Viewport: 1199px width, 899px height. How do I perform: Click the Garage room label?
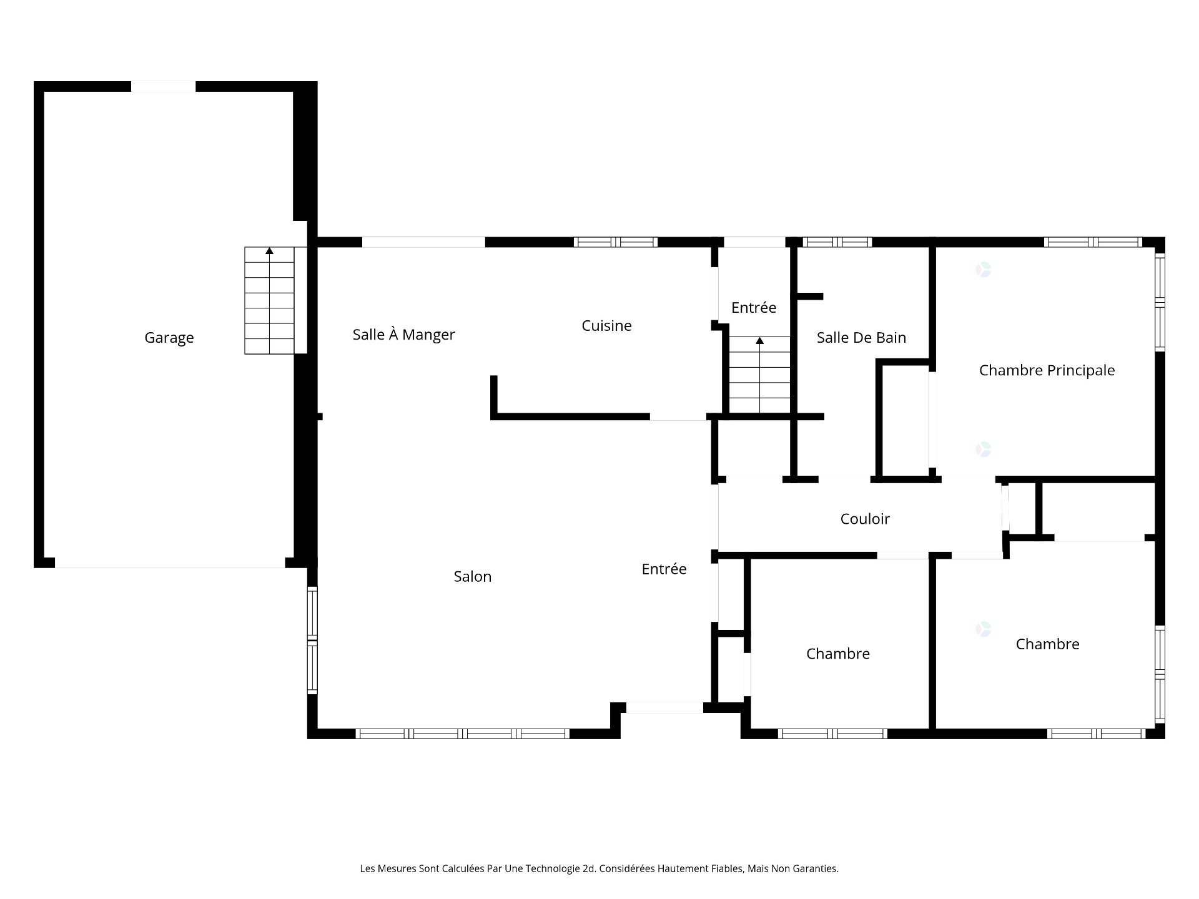coord(169,338)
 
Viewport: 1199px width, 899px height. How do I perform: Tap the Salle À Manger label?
coord(403,335)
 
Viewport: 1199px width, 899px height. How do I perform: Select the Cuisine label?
coord(606,326)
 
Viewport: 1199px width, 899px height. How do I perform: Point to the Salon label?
coord(472,577)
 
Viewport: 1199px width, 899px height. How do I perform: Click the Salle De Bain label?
coord(861,338)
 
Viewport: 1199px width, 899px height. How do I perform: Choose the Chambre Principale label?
coord(1047,370)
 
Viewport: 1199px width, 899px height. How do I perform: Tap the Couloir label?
coord(865,519)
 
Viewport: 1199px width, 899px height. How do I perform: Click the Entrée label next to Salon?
coord(664,569)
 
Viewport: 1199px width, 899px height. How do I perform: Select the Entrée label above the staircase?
coord(754,308)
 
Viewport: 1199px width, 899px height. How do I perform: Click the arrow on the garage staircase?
coord(269,251)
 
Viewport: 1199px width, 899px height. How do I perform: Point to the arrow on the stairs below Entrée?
coord(759,341)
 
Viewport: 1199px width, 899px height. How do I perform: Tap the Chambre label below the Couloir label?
coord(837,654)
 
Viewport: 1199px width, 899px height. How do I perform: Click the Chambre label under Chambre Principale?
coord(1047,644)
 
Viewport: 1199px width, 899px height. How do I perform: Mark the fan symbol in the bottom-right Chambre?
coord(983,629)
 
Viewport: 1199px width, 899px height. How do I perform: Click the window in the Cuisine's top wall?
coord(616,242)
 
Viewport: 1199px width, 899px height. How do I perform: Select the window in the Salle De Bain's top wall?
coord(837,242)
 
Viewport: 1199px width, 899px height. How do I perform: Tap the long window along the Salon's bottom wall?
coord(462,734)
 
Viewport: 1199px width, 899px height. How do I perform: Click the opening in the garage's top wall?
coord(163,87)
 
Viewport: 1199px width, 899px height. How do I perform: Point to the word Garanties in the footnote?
coord(815,868)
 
